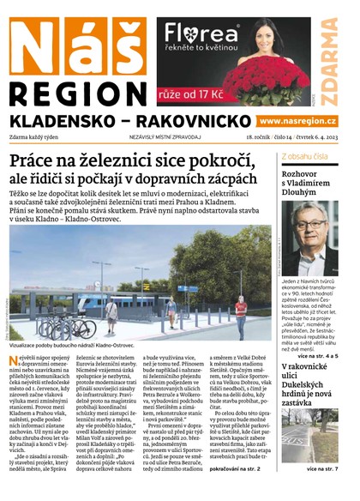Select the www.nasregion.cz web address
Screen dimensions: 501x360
pos(297,121)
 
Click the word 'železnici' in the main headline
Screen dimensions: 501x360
pos(147,164)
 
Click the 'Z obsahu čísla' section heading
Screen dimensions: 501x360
pos(304,156)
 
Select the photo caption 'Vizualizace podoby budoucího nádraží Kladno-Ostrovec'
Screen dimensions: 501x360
pos(86,346)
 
